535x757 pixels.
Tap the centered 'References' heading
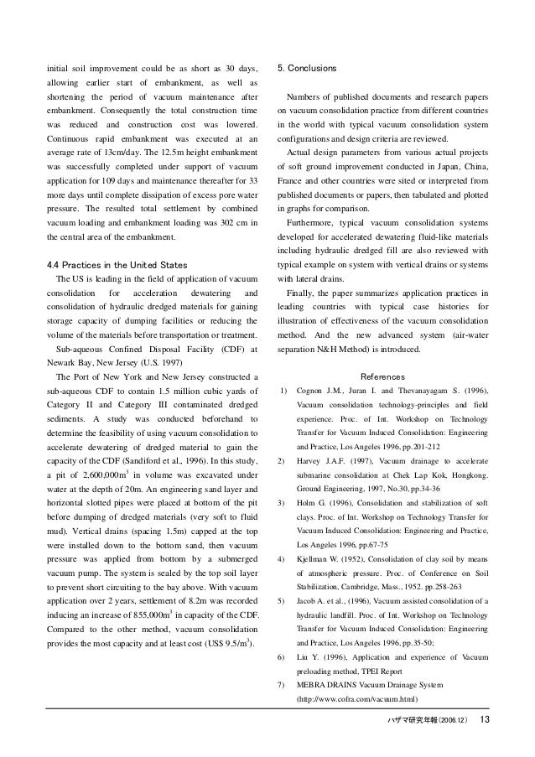click(382, 376)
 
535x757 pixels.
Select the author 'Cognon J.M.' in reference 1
click(319, 390)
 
